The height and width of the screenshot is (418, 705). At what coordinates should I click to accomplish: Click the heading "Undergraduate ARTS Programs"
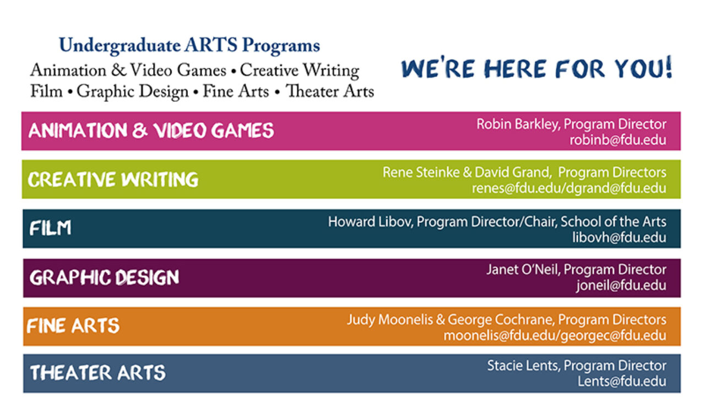(x=189, y=46)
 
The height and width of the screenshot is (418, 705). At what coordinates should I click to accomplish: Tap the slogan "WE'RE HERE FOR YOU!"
(x=537, y=67)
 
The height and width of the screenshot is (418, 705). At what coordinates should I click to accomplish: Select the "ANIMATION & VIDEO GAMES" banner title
(x=151, y=131)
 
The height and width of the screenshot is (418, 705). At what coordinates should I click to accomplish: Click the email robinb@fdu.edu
(x=618, y=140)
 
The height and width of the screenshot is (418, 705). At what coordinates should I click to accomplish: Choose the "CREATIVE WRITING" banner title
(x=113, y=180)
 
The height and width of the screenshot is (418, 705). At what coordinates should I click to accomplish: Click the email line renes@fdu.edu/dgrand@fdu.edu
(x=569, y=189)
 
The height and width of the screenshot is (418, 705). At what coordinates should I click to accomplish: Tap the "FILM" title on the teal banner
(x=50, y=228)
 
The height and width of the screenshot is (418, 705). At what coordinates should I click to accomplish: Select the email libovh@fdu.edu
(x=619, y=238)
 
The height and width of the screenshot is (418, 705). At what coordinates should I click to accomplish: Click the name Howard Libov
(x=370, y=222)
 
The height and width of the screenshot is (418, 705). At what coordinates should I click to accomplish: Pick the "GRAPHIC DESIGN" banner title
(x=105, y=277)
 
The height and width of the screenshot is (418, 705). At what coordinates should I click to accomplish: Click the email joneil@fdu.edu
(x=621, y=286)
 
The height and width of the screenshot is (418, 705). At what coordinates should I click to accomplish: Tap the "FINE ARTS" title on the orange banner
(x=73, y=326)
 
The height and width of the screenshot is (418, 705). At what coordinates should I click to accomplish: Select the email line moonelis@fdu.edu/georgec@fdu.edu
(x=555, y=336)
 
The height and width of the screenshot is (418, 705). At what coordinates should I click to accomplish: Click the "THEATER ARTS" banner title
(x=97, y=373)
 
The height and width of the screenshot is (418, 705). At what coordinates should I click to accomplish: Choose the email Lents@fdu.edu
(x=622, y=382)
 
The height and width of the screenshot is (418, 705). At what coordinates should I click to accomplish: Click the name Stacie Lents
(x=523, y=366)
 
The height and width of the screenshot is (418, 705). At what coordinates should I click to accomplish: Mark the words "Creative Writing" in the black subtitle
(x=300, y=71)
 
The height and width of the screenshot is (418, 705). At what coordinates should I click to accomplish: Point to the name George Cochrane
(x=500, y=320)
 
